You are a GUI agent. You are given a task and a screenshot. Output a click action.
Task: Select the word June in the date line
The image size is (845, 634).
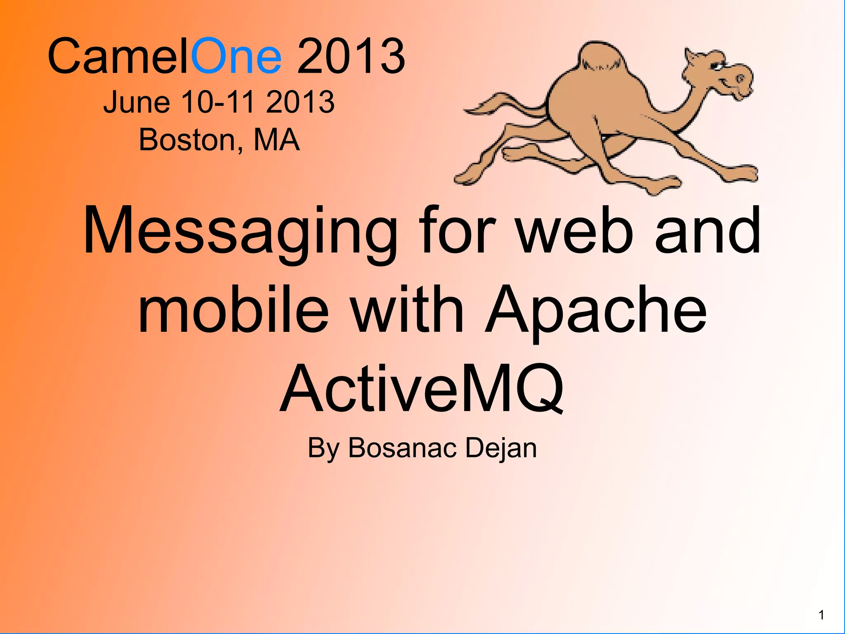click(137, 102)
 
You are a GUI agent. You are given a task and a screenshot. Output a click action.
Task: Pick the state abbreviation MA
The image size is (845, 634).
click(276, 140)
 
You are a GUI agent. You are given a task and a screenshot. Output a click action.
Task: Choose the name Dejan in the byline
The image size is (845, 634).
click(501, 448)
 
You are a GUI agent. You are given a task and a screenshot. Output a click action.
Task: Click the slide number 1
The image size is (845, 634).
click(821, 615)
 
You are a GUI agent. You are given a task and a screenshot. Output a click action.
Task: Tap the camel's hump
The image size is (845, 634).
click(598, 58)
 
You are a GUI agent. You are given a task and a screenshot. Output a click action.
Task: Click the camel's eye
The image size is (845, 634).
click(718, 66)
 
